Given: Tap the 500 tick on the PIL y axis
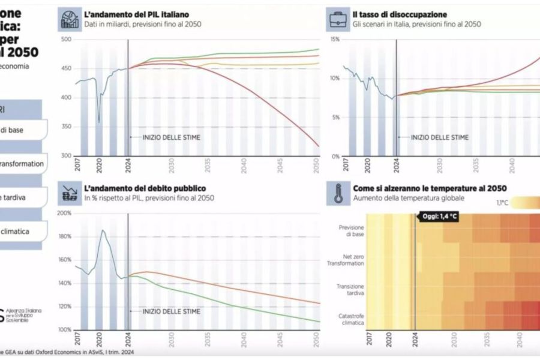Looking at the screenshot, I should pyautogui.click(x=65, y=40).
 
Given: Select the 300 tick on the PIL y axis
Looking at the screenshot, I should pyautogui.click(x=65, y=156).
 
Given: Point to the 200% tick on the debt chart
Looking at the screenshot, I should pyautogui.click(x=64, y=213).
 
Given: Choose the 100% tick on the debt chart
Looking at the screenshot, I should pyautogui.click(x=64, y=329).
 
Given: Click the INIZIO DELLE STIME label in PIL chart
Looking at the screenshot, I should pyautogui.click(x=171, y=137).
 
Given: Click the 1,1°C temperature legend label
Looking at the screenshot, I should pyautogui.click(x=502, y=203).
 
